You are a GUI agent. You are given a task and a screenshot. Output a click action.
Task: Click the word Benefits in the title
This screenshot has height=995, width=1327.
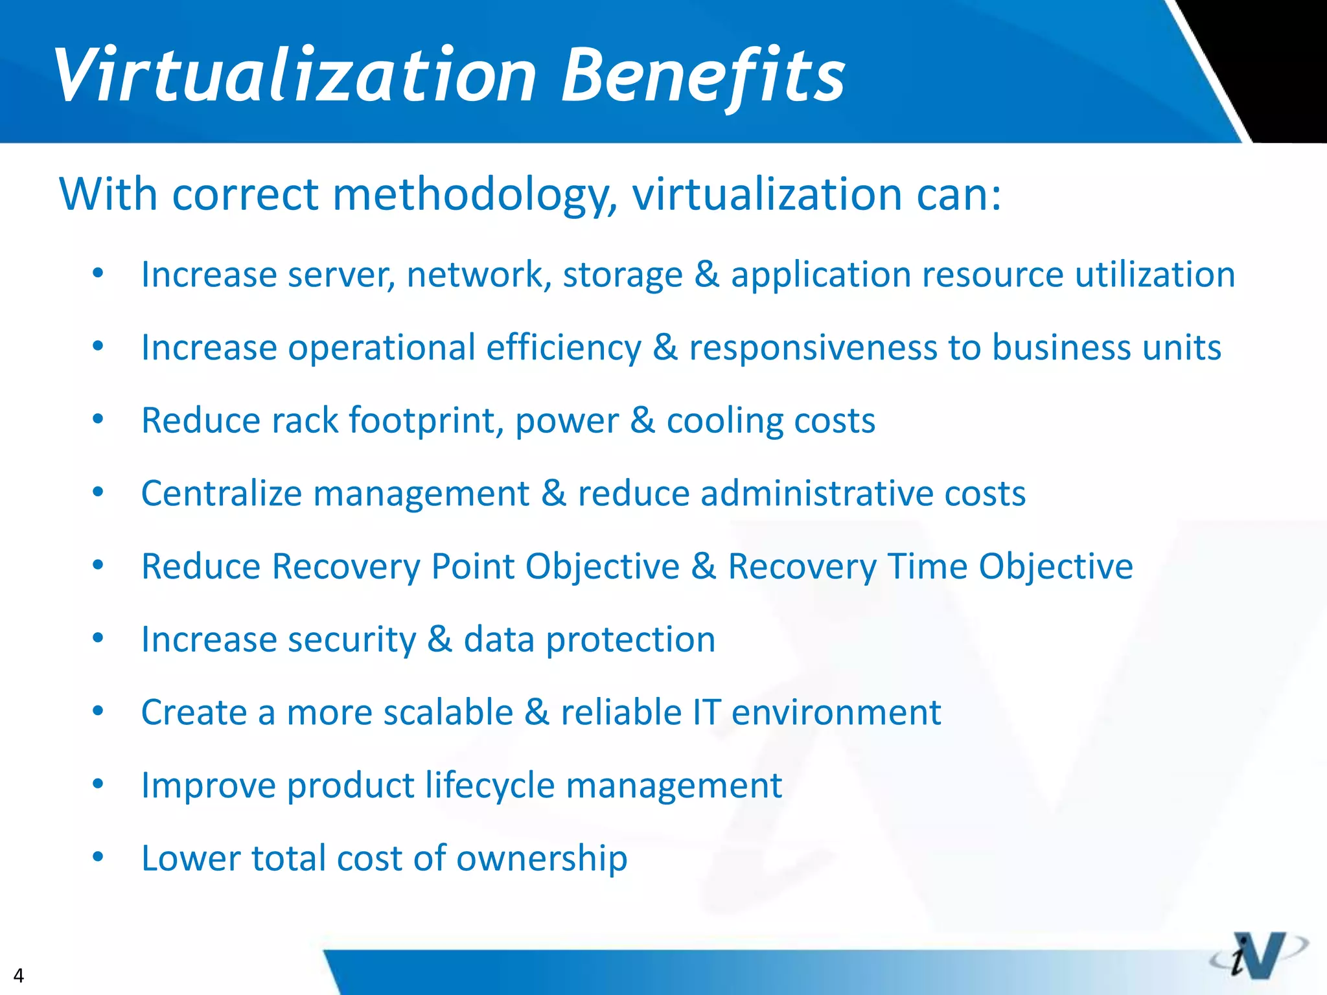tap(702, 76)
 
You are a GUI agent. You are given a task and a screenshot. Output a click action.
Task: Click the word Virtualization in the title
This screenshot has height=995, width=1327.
tap(295, 76)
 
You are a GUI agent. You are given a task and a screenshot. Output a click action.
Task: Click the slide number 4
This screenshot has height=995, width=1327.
tap(18, 975)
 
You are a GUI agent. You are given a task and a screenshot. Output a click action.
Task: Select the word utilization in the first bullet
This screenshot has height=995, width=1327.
tap(1155, 275)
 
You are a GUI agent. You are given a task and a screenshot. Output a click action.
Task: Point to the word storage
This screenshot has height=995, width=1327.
tap(623, 275)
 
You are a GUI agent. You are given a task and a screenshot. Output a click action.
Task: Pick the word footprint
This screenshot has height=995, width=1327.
tap(426, 421)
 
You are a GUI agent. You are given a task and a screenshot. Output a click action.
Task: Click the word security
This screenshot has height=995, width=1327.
tap(351, 640)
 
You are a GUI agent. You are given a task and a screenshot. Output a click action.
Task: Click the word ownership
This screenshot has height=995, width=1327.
tap(542, 859)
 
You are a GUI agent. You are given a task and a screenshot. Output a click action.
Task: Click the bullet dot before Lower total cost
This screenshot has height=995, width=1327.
tap(98, 858)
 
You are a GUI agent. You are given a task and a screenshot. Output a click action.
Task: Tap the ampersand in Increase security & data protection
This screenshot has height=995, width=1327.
tap(439, 640)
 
